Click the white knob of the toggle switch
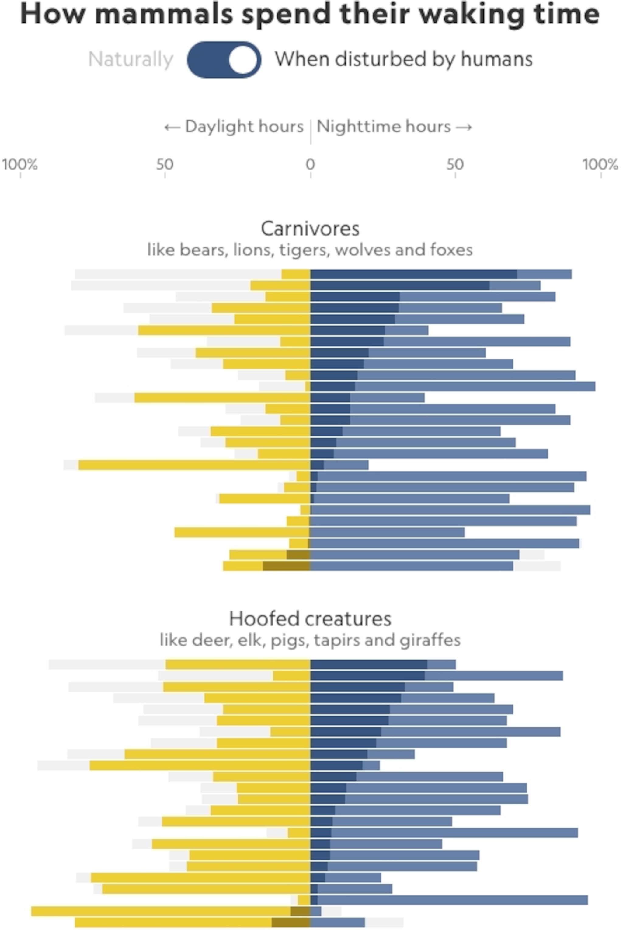point(243,60)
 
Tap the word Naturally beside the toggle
point(131,60)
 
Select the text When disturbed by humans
point(403,60)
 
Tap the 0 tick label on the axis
point(310,164)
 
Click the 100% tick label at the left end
point(20,164)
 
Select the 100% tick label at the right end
point(600,164)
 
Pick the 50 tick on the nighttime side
point(455,164)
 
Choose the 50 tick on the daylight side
point(165,164)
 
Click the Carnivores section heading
point(310,229)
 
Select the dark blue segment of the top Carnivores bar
point(413,274)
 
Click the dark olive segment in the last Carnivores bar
point(286,566)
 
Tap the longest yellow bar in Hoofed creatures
point(161,911)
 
